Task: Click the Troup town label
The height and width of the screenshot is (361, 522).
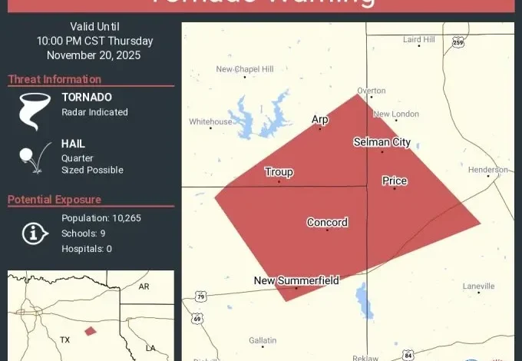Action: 279,172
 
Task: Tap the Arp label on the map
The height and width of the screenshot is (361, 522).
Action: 319,119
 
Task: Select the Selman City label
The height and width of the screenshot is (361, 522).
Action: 382,142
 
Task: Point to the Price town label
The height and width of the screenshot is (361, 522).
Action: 395,180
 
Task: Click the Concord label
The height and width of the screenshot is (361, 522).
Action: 327,223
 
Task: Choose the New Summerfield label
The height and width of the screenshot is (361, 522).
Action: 296,280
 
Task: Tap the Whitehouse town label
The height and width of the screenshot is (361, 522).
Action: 210,121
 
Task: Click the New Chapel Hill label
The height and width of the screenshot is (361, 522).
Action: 245,69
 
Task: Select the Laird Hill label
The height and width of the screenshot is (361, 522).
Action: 418,39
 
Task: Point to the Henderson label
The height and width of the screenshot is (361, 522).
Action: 487,169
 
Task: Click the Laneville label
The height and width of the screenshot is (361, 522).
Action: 478,286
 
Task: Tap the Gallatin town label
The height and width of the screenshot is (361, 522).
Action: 263,340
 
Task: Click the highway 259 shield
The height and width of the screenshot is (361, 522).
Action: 458,42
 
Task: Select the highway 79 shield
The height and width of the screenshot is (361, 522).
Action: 200,296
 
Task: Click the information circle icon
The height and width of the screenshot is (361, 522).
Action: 35,233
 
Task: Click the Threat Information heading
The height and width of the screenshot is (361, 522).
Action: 55,79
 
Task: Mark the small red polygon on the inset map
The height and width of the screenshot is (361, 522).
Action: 91,331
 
